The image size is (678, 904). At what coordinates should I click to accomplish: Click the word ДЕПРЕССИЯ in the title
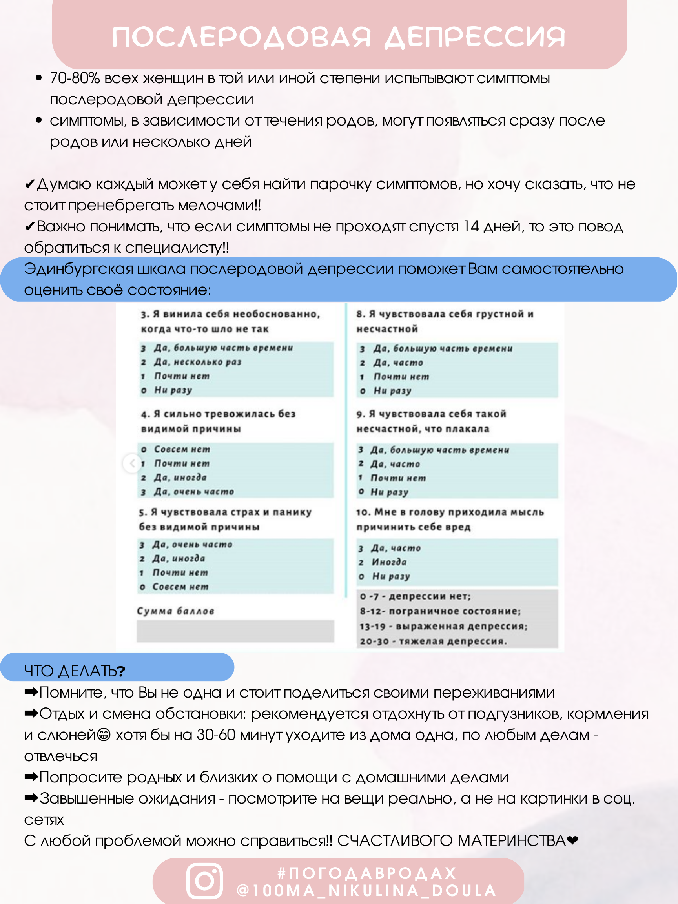coord(475,37)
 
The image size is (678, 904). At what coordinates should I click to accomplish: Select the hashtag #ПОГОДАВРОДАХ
coord(366,873)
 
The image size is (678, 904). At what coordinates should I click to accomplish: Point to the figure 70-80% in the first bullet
coord(75,78)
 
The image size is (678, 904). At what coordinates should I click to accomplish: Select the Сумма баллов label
coord(175,611)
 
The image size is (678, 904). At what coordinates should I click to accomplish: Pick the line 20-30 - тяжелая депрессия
coord(433,641)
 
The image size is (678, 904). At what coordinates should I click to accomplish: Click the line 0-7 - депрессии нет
coord(415,596)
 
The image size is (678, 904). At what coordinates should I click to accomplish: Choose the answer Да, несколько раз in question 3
coord(198,362)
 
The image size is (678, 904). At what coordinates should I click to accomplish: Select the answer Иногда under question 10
coord(389,562)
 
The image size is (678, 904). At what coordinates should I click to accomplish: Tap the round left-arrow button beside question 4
coord(131,463)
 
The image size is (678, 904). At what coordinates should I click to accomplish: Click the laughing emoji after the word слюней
coord(104,735)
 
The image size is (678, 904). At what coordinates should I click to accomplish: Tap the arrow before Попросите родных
coord(31,777)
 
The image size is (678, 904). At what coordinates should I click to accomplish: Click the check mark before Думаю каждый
coord(30,184)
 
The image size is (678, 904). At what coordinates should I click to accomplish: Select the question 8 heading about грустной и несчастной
coord(445,321)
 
